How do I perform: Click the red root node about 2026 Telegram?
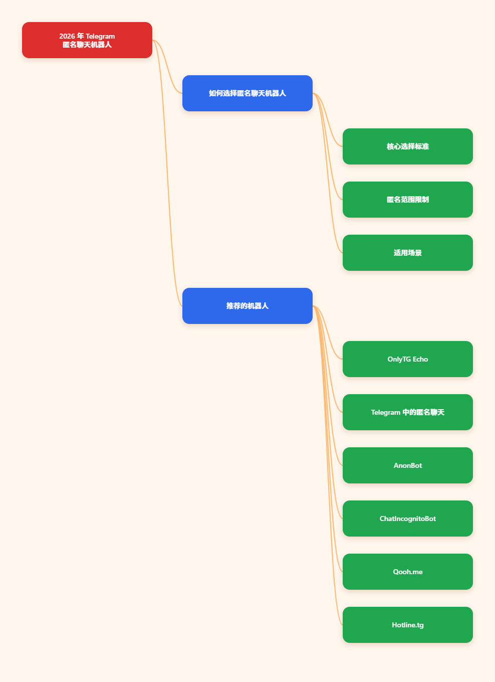[x=87, y=40]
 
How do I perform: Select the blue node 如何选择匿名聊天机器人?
[x=248, y=93]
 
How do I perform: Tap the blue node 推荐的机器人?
[x=248, y=306]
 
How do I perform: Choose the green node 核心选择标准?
[x=408, y=146]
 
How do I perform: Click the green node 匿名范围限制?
[x=408, y=200]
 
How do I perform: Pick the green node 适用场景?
[x=408, y=253]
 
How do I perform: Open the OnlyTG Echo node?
[x=408, y=359]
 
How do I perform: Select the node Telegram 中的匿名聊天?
[x=408, y=412]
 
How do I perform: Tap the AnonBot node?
[x=408, y=465]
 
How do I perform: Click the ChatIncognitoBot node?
[x=408, y=519]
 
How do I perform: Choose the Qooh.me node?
[x=408, y=572]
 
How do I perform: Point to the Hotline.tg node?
[x=408, y=625]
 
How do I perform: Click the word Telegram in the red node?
[x=100, y=36]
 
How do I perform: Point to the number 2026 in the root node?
[x=67, y=36]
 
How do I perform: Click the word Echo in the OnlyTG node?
[x=420, y=359]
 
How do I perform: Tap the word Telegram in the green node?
[x=385, y=413]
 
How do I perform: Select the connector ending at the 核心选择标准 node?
[x=328, y=120]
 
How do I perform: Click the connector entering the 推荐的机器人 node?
[x=167, y=173]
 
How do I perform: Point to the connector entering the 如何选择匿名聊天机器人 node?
[x=167, y=67]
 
